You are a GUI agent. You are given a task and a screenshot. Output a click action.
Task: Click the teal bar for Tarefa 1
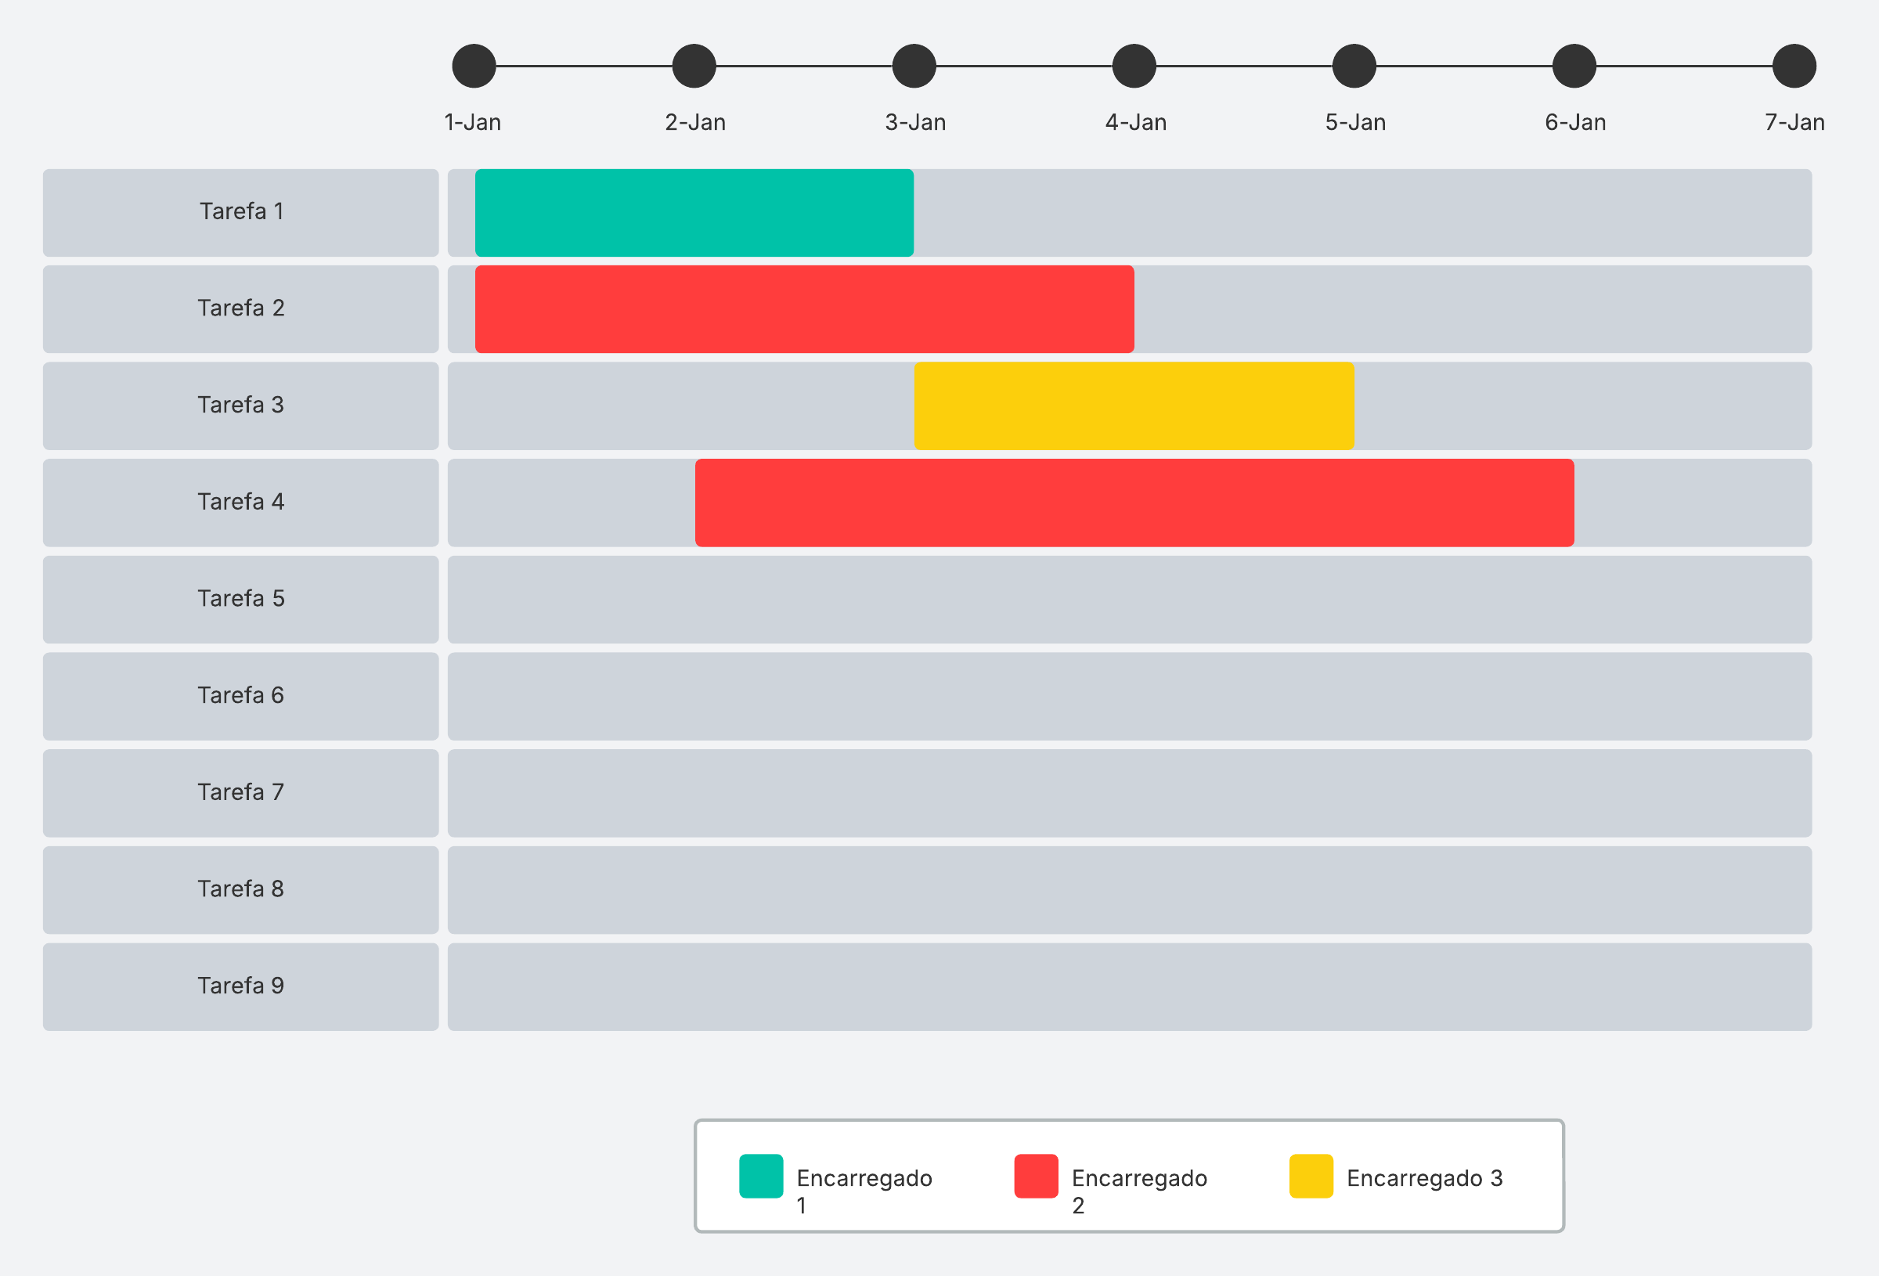pos(694,213)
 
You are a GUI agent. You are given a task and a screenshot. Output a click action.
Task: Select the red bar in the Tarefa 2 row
pos(804,309)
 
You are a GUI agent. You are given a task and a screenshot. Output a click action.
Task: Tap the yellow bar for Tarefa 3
pos(1134,406)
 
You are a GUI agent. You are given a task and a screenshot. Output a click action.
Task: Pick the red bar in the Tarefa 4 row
pos(1134,503)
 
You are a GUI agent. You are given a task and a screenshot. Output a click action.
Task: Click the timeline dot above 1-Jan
pos(474,67)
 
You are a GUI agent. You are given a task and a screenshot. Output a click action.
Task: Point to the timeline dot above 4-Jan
pos(1134,67)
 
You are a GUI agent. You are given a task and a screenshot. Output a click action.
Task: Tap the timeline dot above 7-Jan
pos(1794,67)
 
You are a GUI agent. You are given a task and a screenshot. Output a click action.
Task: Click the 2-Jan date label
pos(694,122)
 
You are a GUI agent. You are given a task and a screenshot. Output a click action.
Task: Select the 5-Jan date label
pos(1354,122)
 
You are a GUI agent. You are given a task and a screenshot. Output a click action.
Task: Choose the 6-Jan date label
pos(1574,122)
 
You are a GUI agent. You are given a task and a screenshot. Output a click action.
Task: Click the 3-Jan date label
pos(914,122)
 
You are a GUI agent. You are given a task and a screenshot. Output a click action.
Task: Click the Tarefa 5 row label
pos(241,598)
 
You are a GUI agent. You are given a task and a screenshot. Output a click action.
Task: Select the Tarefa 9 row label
pos(241,986)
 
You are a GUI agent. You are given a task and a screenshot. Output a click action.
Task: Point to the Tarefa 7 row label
pos(241,792)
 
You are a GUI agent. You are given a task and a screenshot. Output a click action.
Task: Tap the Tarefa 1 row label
pos(241,212)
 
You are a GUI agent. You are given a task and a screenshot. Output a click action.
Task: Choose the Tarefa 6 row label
pos(241,695)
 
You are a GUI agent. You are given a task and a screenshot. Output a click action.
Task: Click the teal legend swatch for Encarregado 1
pos(760,1176)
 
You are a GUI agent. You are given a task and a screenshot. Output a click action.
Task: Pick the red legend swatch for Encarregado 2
pos(1036,1176)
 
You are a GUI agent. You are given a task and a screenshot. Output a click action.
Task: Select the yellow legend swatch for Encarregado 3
pos(1311,1176)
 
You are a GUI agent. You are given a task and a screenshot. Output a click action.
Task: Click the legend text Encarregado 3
pos(1424,1178)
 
